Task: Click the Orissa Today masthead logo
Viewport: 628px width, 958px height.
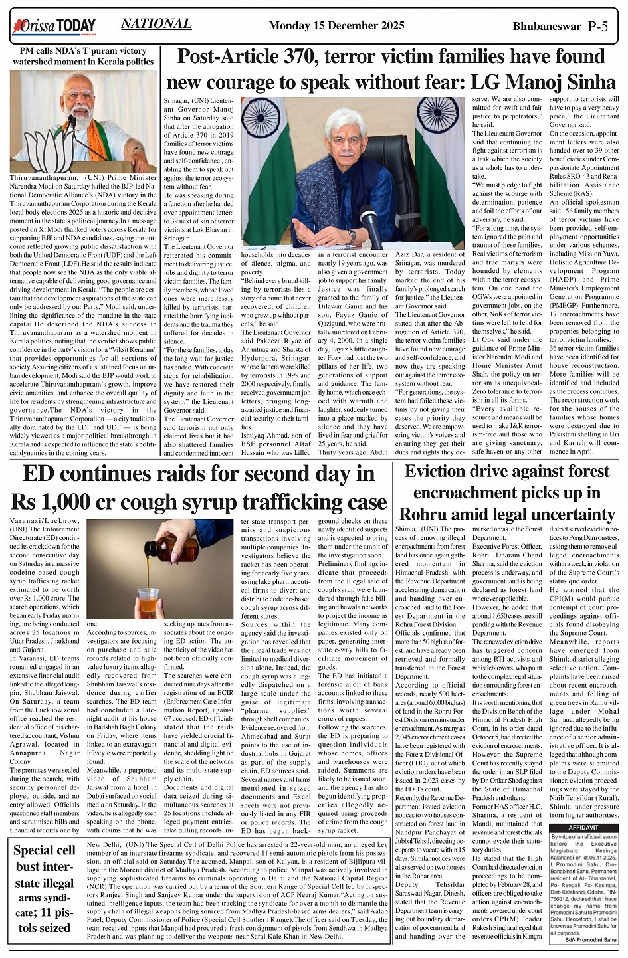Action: click(54, 26)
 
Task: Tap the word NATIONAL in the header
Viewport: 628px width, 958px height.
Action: click(156, 24)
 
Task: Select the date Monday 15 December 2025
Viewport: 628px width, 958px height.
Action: click(336, 26)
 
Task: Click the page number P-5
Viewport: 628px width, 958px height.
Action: click(598, 26)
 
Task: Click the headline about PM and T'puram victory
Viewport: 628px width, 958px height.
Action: click(83, 56)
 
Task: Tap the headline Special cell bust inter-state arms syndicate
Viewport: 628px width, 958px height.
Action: click(45, 889)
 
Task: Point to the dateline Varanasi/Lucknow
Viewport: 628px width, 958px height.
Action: click(45, 520)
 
